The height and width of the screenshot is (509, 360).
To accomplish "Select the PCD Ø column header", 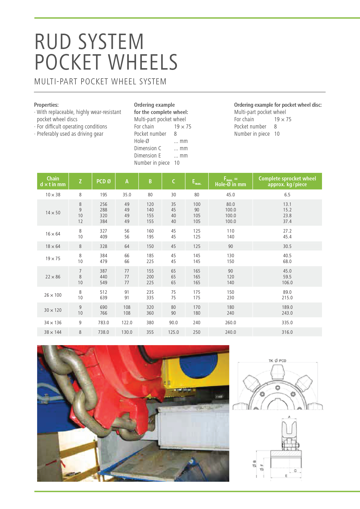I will [x=104, y=181].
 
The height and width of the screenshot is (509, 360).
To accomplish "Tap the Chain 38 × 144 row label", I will [x=53, y=332].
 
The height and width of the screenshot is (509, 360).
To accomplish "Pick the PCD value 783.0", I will [x=104, y=323].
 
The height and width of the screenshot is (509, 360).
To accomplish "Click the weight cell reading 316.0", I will [x=287, y=332].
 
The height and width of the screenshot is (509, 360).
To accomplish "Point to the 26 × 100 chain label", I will [x=53, y=295].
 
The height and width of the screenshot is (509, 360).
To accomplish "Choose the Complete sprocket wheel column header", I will [x=287, y=181].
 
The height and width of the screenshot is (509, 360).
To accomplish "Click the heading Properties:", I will [x=46, y=105].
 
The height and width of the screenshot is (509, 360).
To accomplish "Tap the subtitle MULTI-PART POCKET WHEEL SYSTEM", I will [x=100, y=81].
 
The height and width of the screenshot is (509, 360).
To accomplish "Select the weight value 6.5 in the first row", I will [x=287, y=195].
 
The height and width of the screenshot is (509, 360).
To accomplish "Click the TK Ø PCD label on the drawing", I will [x=277, y=361].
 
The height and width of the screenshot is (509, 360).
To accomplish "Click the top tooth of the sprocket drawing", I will [x=278, y=372].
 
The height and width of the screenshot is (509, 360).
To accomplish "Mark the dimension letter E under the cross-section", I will [x=286, y=476].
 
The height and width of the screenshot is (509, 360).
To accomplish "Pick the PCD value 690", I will [x=104, y=307].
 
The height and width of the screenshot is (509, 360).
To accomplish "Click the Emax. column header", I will [x=197, y=182].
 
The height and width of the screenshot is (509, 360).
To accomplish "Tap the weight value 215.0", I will [x=287, y=298].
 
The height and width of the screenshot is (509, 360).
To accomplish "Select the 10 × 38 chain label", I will [x=53, y=195].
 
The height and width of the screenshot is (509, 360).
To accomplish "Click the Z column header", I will [x=80, y=181].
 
